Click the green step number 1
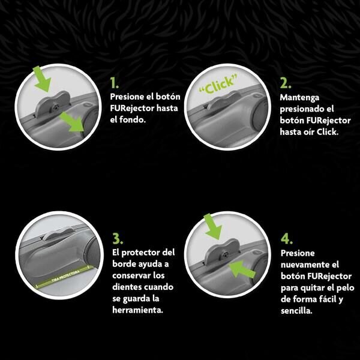pos(114,83)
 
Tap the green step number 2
pos(286,83)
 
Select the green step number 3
pos(118,239)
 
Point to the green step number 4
pos(287,239)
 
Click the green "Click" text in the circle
pos(218,85)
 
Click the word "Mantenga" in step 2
pos(299,98)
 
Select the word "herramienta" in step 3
pos(137,310)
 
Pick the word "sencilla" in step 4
pos(296,311)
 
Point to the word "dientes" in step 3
pos(127,287)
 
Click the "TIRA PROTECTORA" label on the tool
pos(65,276)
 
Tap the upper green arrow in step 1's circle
pos(42,79)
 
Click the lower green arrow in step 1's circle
pos(72,122)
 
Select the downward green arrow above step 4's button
pos(213,226)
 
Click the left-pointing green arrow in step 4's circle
pos(242,269)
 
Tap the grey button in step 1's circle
pos(53,104)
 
